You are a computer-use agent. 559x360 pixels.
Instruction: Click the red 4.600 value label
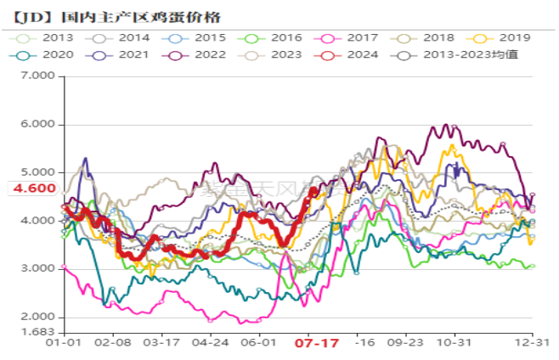tap(33, 188)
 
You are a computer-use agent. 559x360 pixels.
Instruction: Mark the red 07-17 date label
tap(316, 344)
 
